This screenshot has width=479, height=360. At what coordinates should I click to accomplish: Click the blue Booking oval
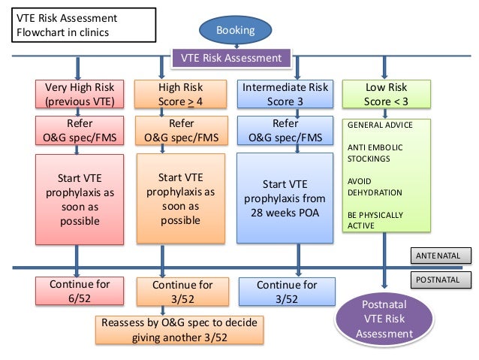236,30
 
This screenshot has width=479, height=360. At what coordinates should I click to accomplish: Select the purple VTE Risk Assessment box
228,58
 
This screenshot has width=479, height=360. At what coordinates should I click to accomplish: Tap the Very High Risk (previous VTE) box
80,95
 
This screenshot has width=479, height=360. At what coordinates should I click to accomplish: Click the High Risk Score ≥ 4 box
181,95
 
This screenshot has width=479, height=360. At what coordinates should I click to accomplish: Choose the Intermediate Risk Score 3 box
285,95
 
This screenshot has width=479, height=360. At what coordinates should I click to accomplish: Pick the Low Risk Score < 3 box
387,95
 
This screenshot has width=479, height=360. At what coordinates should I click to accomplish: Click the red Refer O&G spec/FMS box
80,130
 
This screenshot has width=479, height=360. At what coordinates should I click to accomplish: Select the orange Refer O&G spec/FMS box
181,130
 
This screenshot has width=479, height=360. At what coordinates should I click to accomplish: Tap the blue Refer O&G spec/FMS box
285,130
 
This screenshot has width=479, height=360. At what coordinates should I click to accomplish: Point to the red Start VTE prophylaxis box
80,199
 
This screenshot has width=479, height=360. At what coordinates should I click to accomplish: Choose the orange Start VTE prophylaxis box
181,199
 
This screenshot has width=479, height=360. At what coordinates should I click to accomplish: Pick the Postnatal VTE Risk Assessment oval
384,320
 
